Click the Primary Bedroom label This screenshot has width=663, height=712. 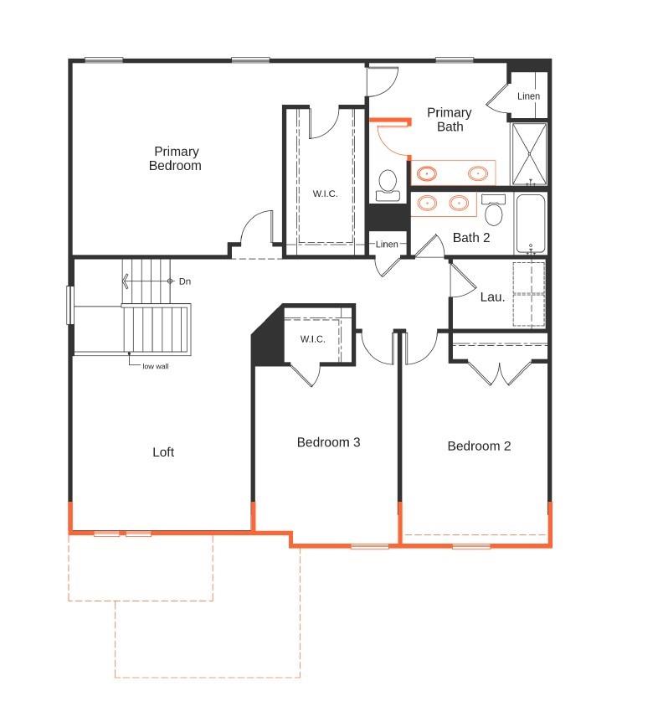coord(176,158)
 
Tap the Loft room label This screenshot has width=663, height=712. coord(163,452)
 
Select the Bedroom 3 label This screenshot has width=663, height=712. coord(328,442)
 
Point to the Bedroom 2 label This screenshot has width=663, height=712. coord(479,446)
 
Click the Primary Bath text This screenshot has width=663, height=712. coord(449,119)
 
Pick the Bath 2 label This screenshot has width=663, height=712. coord(471,238)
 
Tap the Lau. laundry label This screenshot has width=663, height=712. coord(492,297)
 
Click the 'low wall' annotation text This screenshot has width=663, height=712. coord(156,366)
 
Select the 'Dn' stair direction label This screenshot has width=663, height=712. coord(185,281)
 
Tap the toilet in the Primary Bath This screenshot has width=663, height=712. coord(388,184)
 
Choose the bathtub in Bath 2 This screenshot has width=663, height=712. coord(530,223)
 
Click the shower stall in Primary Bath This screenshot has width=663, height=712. coord(529,153)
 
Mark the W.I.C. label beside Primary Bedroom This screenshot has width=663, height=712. coord(326,194)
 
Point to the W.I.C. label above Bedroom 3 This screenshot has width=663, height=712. coord(313,339)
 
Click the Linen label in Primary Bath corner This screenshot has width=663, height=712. coord(528,96)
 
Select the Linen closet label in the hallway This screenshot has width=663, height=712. coord(387,245)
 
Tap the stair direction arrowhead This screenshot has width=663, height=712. coord(126,281)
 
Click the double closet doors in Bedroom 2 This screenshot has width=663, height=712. coord(499,372)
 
